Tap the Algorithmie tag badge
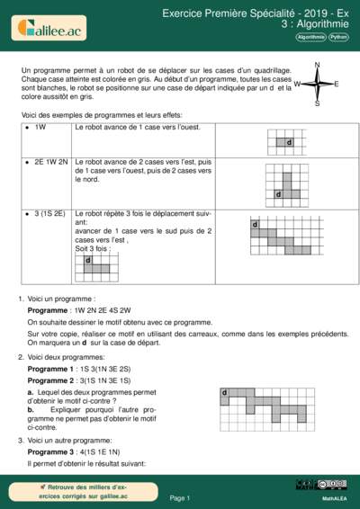[310, 38]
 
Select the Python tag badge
[339, 38]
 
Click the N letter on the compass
[317, 65]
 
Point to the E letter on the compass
[337, 84]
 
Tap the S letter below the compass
[317, 103]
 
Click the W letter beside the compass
[297, 84]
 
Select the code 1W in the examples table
[40, 129]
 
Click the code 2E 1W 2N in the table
[51, 162]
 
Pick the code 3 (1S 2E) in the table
[49, 215]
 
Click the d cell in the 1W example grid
[289, 143]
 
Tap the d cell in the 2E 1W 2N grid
[278, 193]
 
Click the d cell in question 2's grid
[225, 393]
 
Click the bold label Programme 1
[52, 369]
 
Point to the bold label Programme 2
[52, 380]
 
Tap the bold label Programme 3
[52, 453]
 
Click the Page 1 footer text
[180, 497]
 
